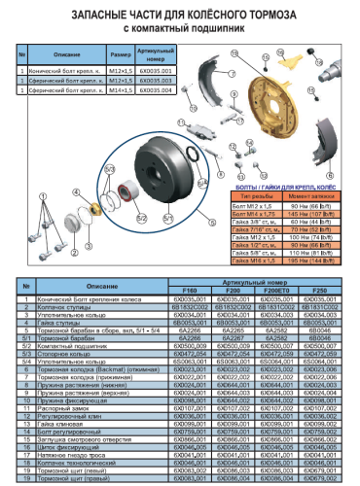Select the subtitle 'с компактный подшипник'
(x=179, y=29)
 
